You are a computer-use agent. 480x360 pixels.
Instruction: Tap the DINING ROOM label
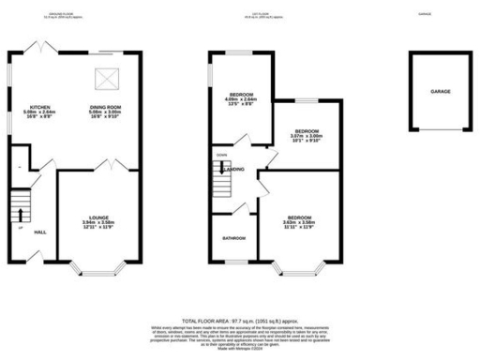point(104,108)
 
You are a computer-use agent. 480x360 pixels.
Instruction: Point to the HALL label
point(41,232)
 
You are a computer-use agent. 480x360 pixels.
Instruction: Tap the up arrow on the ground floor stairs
point(19,201)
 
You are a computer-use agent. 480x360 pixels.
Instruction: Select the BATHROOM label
point(233,238)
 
